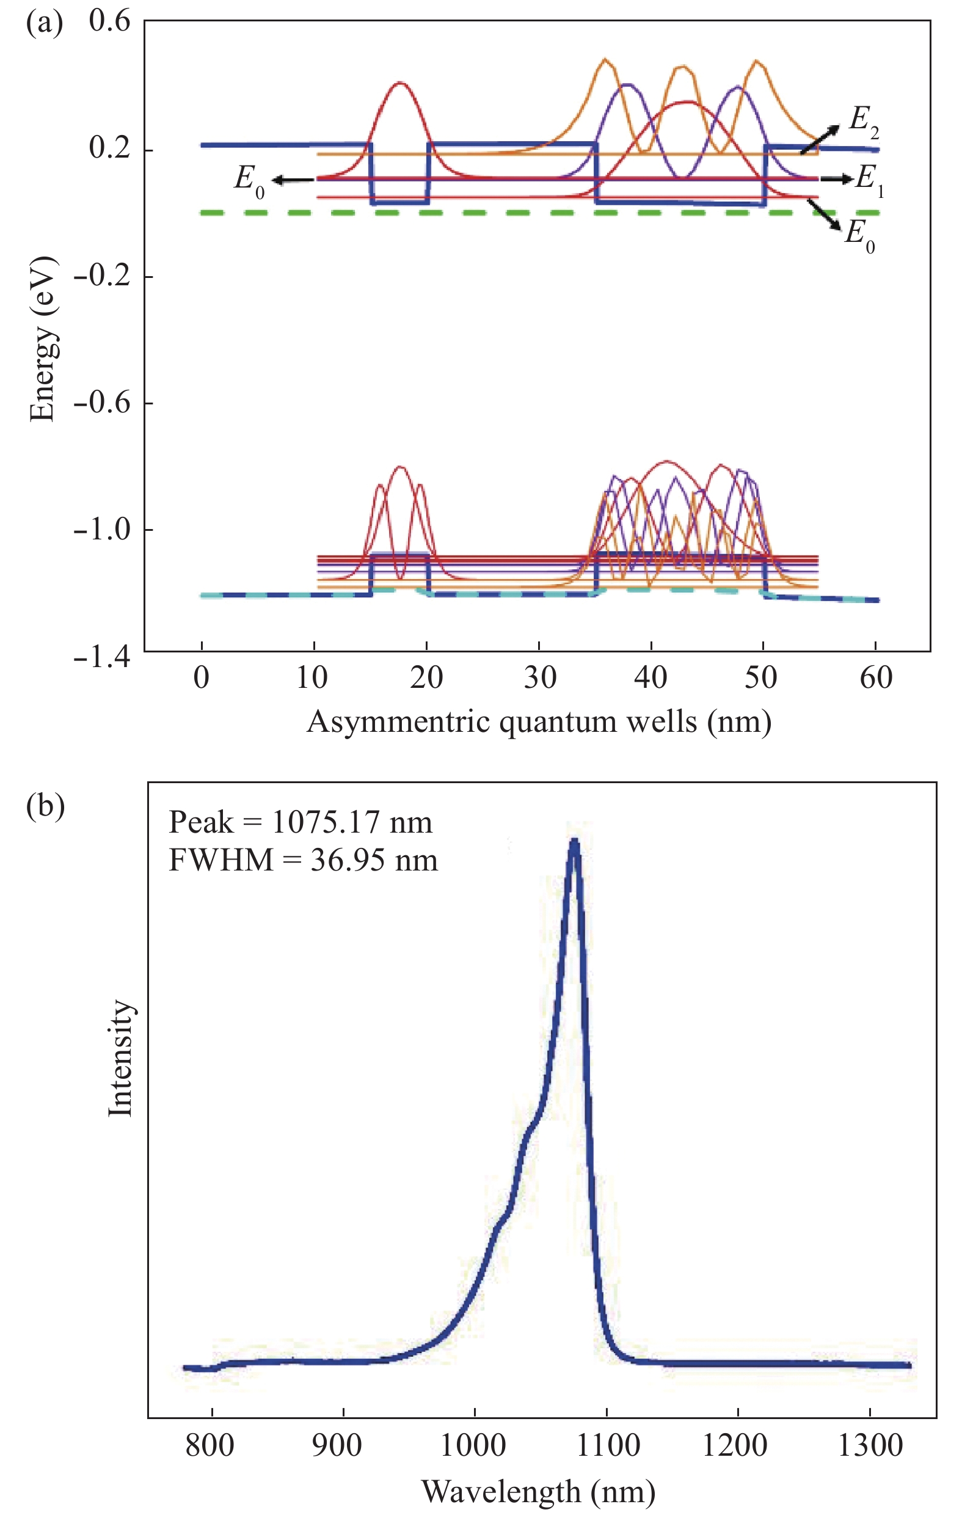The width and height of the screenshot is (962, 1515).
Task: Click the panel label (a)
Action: [44, 24]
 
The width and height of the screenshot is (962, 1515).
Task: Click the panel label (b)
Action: [45, 806]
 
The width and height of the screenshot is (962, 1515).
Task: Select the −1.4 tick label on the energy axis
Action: [102, 657]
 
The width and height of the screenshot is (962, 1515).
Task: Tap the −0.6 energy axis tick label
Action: [102, 403]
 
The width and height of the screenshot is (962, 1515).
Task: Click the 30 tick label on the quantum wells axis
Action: [540, 678]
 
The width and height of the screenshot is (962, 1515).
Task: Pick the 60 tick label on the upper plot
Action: [876, 678]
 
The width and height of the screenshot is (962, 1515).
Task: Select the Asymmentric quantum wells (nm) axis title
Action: [539, 721]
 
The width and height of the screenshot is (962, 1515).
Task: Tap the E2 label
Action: [863, 121]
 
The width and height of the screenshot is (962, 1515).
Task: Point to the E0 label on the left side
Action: [249, 181]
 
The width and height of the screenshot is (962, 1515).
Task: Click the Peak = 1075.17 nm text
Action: [301, 822]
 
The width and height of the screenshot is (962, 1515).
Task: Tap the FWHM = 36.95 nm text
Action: [304, 860]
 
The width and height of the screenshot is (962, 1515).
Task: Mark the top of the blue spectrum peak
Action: [574, 841]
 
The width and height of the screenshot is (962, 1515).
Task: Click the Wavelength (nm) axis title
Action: [539, 1491]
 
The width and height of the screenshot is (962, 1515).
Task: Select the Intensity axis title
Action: [120, 1058]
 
